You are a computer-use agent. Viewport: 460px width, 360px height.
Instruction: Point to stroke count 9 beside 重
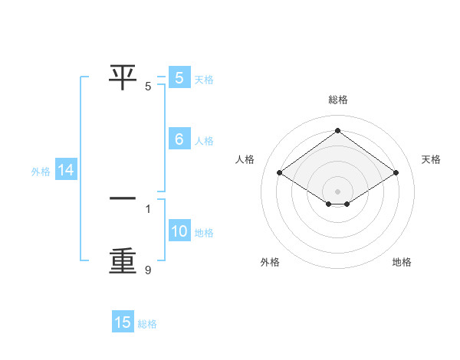pos(148,270)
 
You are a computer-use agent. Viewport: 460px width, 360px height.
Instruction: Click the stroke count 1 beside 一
pos(148,208)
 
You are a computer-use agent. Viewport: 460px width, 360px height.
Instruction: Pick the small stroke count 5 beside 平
pos(148,86)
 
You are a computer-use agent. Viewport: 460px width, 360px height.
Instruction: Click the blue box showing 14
pos(66,171)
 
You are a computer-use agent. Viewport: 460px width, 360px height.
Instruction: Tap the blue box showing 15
pos(123,322)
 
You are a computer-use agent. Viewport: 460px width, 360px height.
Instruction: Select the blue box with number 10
pos(179,232)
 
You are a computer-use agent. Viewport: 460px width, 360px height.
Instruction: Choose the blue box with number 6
pos(179,139)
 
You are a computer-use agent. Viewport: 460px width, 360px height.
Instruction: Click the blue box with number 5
pos(179,78)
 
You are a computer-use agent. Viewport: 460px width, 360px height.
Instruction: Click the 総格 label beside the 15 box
pos(147,324)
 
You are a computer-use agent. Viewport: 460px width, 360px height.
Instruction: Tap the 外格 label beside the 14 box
pos(41,172)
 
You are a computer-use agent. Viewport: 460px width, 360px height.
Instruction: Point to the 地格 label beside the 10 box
pos(204,233)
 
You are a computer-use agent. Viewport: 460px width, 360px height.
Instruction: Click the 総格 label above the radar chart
pos(338,100)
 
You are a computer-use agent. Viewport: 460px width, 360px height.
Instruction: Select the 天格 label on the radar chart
pos(432,159)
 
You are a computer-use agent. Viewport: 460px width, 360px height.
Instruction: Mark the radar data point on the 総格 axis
pos(337,130)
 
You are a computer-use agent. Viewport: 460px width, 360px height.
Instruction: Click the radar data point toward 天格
pos(396,173)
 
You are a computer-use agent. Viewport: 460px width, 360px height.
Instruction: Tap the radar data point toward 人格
pos(280,173)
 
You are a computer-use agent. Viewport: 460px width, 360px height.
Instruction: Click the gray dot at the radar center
pos(337,191)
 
